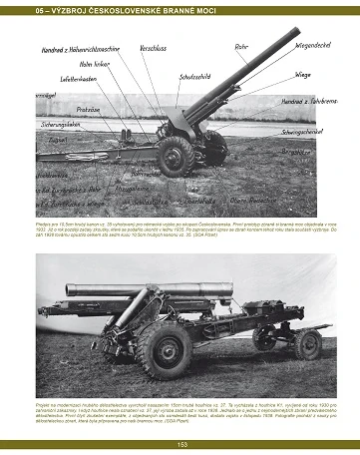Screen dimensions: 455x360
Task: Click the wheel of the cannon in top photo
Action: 175,156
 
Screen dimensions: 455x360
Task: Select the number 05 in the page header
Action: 11,7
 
